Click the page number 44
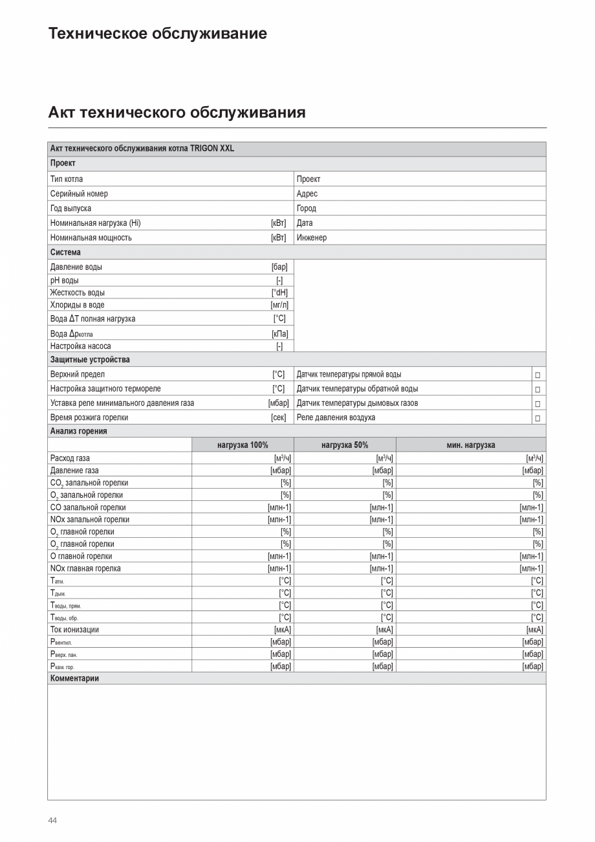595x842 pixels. tap(52, 821)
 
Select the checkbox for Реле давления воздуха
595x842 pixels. tap(537, 418)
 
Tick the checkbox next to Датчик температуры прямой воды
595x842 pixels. tap(537, 375)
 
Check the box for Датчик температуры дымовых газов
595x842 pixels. tap(537, 404)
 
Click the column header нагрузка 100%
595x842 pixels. tap(243, 445)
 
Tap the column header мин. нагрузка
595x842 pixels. tap(471, 445)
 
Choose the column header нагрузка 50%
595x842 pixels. tap(345, 445)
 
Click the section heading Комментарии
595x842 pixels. tap(74, 678)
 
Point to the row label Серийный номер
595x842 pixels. tap(79, 194)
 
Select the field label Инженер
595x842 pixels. tap(312, 238)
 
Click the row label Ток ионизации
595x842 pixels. tap(74, 630)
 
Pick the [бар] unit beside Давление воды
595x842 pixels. tap(279, 267)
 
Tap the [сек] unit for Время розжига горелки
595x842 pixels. tap(278, 417)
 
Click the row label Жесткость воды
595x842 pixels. tap(77, 293)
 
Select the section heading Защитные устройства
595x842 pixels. tap(90, 360)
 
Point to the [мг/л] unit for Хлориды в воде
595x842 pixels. tap(279, 305)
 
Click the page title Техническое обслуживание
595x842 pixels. tap(157, 34)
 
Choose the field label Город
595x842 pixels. tap(306, 208)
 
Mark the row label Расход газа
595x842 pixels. tap(70, 458)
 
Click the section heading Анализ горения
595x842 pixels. tap(79, 431)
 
